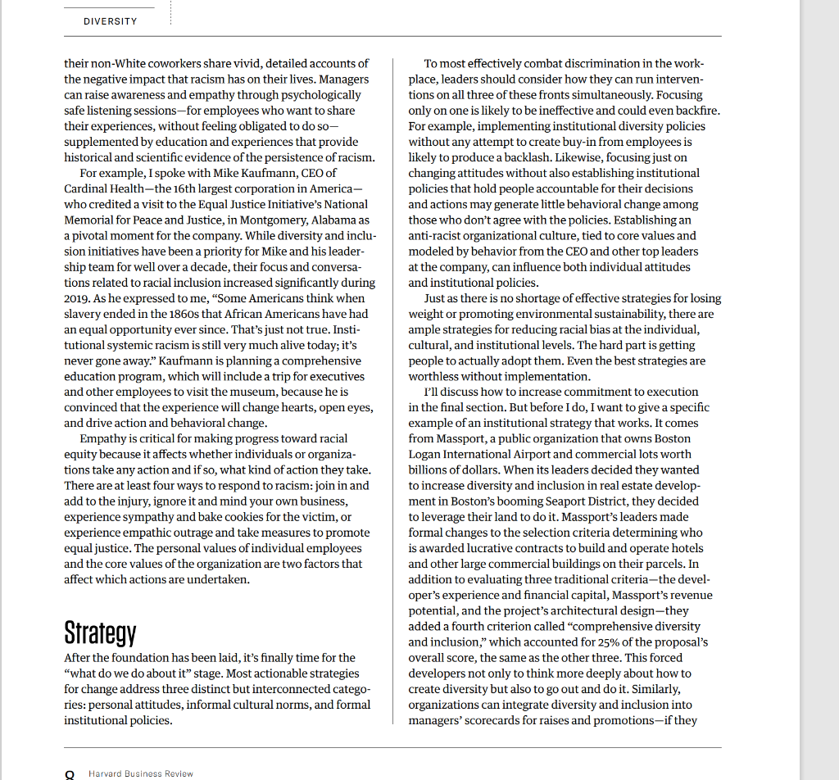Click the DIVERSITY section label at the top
pos(110,21)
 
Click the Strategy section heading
pos(100,633)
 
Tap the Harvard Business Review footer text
pos(141,773)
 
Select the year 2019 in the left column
pos(78,298)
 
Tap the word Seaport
pos(559,501)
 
